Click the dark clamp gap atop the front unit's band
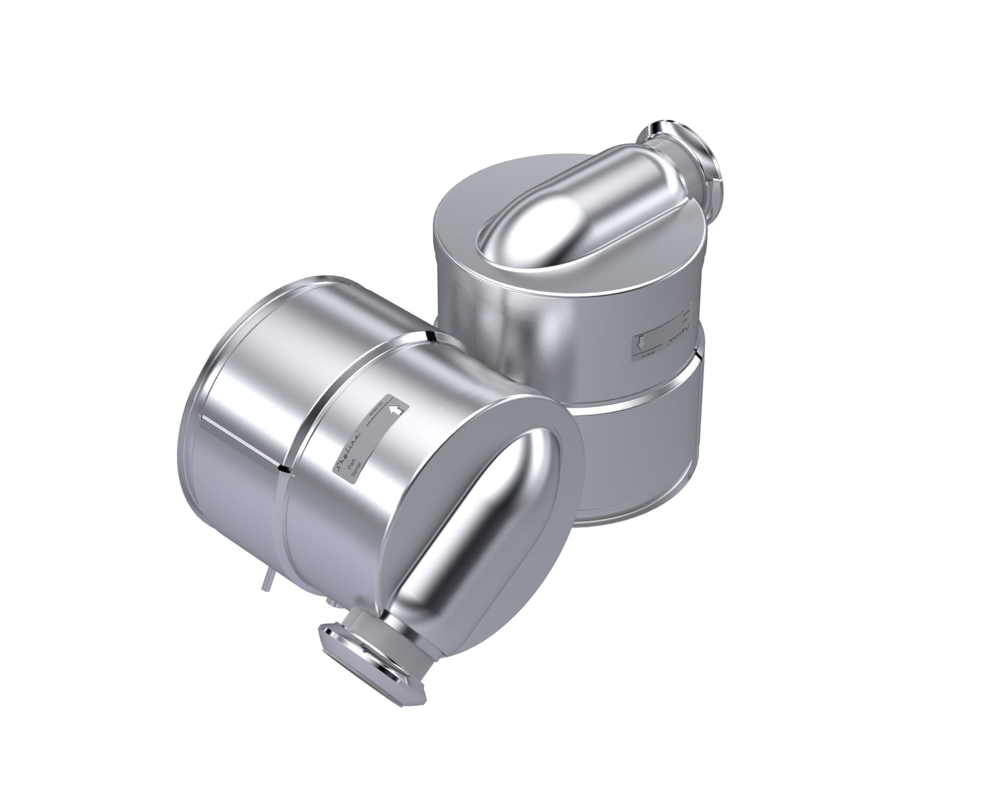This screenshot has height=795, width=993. [x=430, y=337]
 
